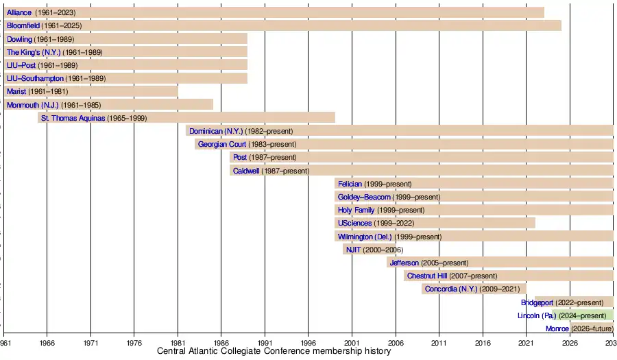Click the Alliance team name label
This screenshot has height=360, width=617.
tap(19, 13)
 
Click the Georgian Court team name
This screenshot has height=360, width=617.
tap(221, 145)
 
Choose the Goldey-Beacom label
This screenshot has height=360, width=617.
tap(364, 197)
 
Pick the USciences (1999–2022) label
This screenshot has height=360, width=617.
tap(376, 224)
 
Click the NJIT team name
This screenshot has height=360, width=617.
tap(353, 250)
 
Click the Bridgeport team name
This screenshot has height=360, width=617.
tap(537, 302)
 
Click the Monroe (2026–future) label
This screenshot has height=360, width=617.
tap(579, 329)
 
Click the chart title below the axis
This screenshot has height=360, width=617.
tap(274, 352)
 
